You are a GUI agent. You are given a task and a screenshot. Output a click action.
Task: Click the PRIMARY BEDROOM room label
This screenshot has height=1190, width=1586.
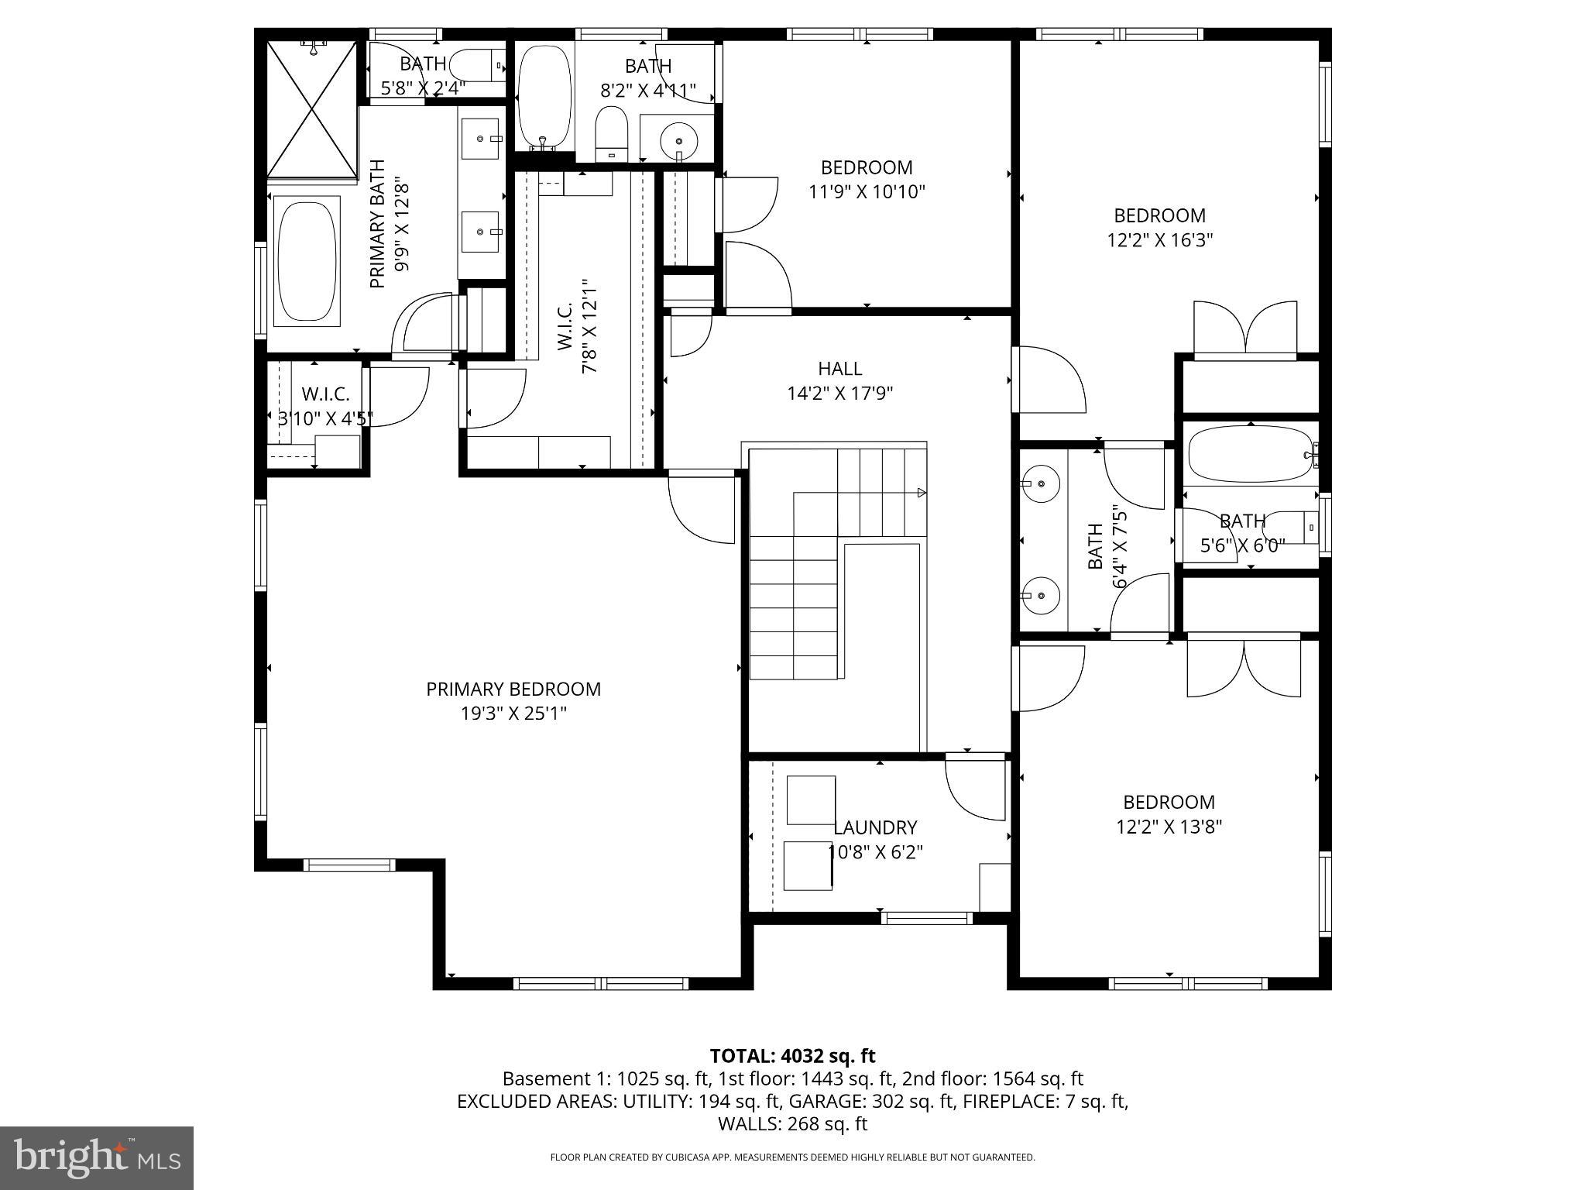(513, 689)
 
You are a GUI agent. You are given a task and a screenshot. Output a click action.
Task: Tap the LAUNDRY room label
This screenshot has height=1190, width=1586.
(875, 827)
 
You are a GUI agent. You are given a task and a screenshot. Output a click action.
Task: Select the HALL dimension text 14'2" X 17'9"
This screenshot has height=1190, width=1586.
(839, 394)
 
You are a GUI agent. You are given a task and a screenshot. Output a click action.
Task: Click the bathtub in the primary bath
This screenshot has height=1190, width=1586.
(308, 261)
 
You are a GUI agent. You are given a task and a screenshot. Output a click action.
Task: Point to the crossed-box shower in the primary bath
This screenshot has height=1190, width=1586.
(311, 109)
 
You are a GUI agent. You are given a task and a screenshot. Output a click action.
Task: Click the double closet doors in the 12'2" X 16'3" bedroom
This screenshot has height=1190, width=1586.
(1244, 329)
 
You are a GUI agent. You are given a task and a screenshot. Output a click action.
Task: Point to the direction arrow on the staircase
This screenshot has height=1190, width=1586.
(922, 492)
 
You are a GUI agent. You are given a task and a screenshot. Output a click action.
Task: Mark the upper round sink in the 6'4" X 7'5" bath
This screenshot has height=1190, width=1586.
(1041, 484)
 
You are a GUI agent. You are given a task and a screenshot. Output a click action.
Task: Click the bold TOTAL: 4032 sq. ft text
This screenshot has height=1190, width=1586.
(792, 1056)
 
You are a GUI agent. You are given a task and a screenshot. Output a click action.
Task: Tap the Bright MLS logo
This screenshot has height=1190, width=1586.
(97, 1157)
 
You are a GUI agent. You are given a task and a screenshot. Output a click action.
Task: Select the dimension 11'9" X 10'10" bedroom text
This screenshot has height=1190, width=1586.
(867, 191)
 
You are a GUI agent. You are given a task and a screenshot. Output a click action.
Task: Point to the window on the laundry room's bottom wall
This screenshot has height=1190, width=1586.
(926, 918)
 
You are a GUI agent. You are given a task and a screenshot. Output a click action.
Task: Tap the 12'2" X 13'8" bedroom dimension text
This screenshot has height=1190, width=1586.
(1169, 827)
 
